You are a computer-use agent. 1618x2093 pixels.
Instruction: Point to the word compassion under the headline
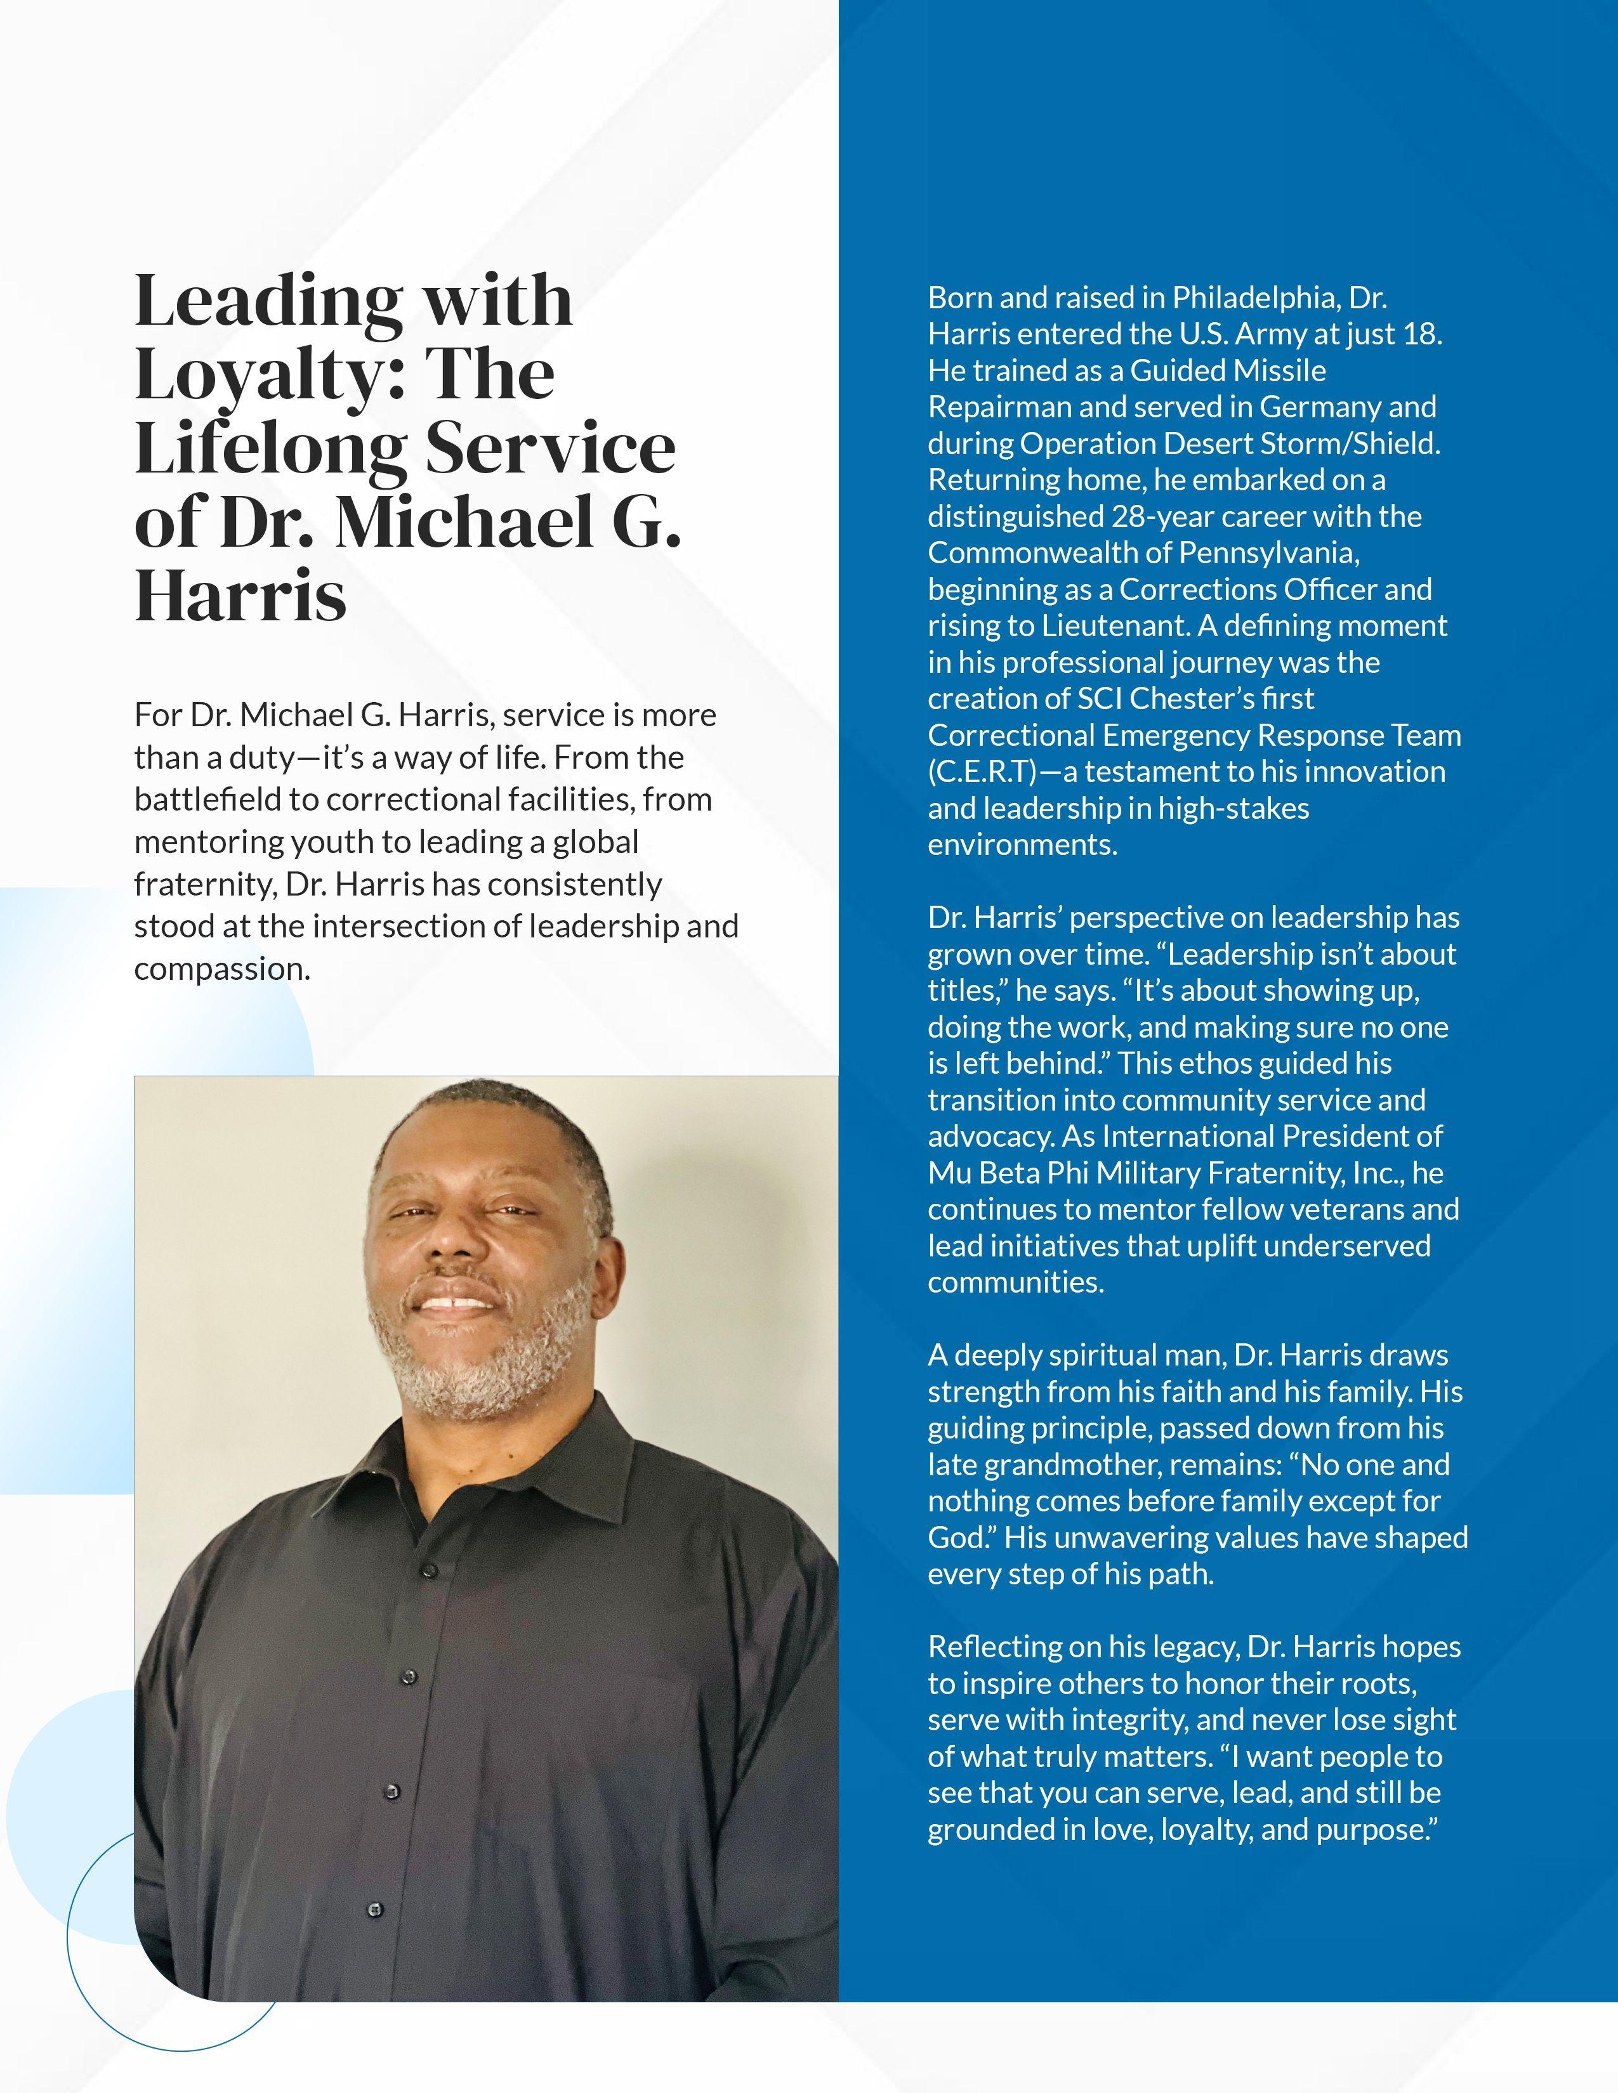[x=220, y=969]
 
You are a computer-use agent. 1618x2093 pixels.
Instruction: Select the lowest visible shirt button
[x=376, y=1910]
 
